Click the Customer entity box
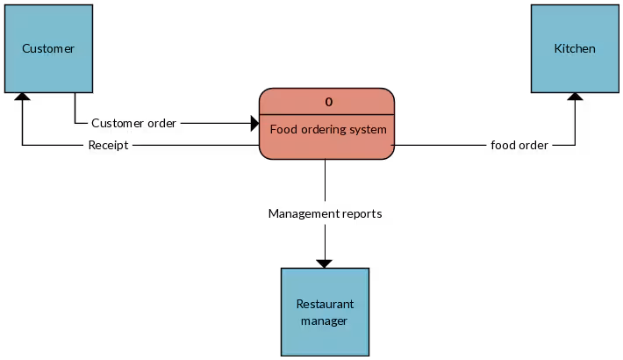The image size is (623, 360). [x=48, y=48]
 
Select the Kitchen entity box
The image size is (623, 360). [x=575, y=48]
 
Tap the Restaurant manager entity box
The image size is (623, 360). [x=325, y=312]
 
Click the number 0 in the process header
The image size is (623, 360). [x=329, y=102]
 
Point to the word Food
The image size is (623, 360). [x=283, y=129]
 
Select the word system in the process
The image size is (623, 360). [x=369, y=130]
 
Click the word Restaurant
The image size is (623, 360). [x=325, y=304]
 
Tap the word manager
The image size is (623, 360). [x=325, y=320]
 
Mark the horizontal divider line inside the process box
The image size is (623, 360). [x=326, y=115]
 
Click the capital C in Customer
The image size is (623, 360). [x=25, y=48]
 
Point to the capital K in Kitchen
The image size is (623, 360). [x=557, y=48]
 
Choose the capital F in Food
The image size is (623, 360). [x=273, y=129]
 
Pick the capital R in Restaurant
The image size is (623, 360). [x=299, y=304]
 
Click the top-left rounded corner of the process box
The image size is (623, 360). [x=263, y=92]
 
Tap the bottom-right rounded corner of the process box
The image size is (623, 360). [x=390, y=155]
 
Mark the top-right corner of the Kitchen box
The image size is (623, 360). [x=617, y=7]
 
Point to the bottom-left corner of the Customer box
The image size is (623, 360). [x=6, y=90]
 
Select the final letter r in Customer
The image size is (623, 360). [x=73, y=48]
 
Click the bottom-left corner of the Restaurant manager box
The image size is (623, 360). [x=283, y=354]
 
